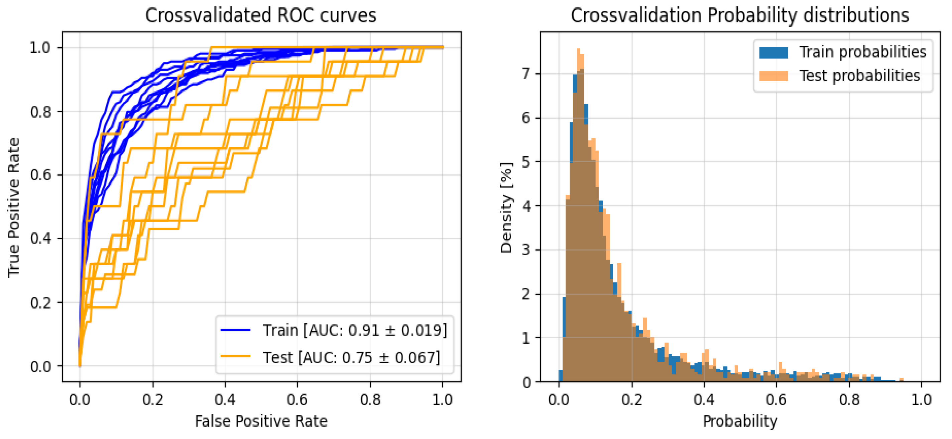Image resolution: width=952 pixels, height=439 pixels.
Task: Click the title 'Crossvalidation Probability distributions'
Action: tap(739, 15)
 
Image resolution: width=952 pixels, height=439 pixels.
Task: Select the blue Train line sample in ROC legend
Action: tap(235, 330)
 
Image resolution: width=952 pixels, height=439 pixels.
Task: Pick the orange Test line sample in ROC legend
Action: tap(235, 357)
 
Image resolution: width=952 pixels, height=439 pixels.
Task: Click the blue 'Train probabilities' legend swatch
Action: tap(773, 52)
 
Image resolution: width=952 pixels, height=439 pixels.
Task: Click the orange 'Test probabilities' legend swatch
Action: tap(773, 76)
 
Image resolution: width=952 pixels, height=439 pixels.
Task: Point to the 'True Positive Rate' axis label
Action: tap(14, 207)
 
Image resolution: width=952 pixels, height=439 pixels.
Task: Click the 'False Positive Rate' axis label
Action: tap(261, 421)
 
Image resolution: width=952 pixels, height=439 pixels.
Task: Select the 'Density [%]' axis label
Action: tap(506, 207)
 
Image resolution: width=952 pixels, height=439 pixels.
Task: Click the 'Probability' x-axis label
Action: tap(739, 421)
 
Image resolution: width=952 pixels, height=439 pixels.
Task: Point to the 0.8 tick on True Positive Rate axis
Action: tap(41, 112)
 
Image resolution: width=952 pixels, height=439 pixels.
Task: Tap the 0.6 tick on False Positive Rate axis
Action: tap(297, 400)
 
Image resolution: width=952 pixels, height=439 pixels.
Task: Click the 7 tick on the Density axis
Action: tap(526, 74)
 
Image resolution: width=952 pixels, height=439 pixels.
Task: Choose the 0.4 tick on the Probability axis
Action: tap(704, 400)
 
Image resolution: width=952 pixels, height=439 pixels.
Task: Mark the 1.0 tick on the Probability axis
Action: tap(921, 400)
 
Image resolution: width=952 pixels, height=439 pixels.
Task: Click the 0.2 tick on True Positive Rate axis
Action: tap(41, 302)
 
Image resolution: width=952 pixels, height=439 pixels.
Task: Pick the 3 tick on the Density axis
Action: tap(526, 250)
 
